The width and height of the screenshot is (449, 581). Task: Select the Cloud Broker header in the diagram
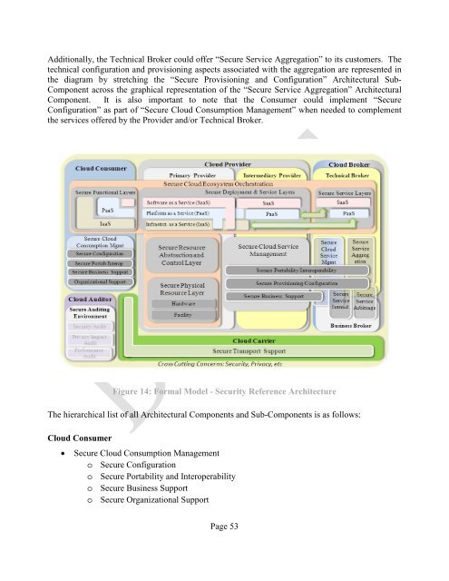coord(347,164)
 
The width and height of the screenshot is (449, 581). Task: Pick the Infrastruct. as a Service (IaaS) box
coord(178,223)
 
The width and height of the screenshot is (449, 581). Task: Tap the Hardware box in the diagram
coord(183,303)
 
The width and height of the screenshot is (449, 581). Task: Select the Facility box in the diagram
coord(183,314)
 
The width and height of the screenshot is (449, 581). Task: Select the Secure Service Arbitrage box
coord(365,300)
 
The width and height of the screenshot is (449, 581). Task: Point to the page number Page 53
coord(222,551)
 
